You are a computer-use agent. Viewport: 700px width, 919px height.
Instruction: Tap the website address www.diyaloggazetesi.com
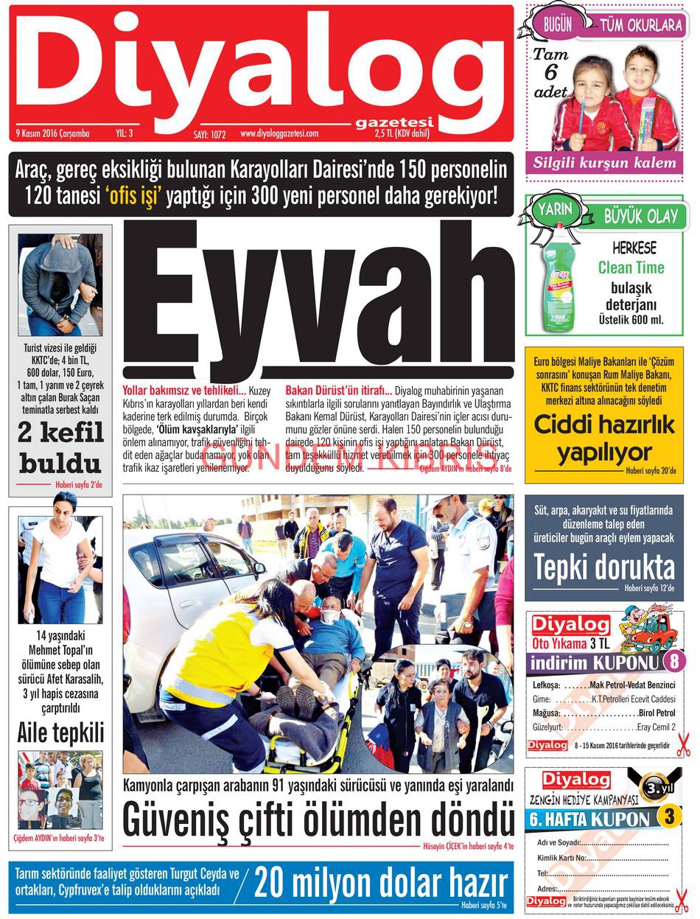pos(278,134)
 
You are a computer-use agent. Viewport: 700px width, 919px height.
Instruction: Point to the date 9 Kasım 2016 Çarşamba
pos(52,134)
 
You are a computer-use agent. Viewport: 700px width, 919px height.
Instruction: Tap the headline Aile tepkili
pos(60,733)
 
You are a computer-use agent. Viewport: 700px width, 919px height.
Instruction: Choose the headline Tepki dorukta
pos(603,567)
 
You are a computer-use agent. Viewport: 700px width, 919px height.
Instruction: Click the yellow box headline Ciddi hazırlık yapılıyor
pos(603,438)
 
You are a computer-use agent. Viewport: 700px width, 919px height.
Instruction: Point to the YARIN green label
pos(554,209)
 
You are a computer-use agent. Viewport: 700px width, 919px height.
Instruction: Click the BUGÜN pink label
pos(558,24)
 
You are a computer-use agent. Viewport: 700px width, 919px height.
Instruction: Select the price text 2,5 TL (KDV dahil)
pos(402,134)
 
